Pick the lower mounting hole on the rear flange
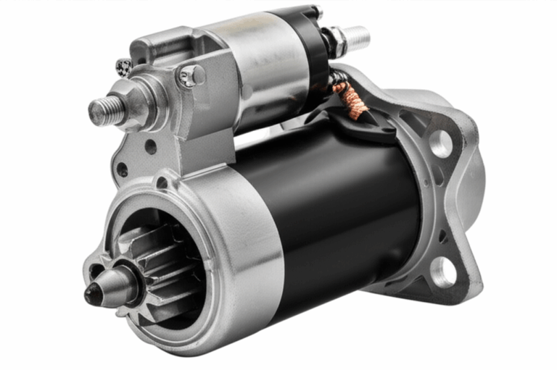[x=442, y=272]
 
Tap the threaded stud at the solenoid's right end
[x=357, y=36]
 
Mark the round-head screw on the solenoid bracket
[x=192, y=75]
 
